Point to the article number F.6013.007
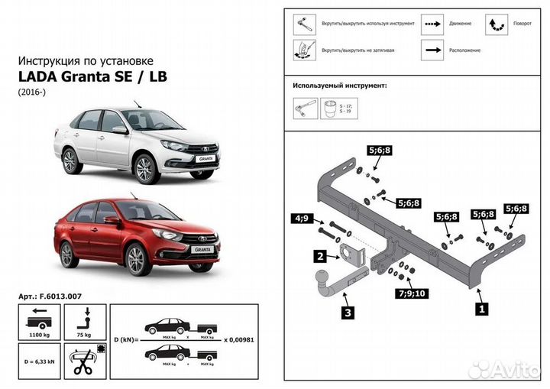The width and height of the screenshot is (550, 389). tap(53, 295)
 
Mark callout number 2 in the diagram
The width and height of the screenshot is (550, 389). tap(321, 257)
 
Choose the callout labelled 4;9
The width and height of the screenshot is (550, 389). tap(301, 219)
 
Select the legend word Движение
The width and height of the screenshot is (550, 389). tap(461, 24)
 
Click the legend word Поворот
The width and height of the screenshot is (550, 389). tap(522, 24)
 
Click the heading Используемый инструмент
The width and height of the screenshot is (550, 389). tap(340, 86)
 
